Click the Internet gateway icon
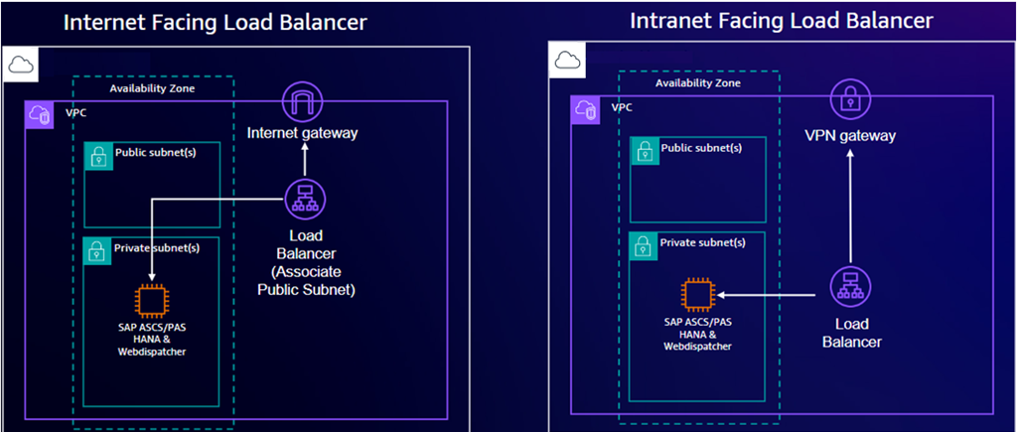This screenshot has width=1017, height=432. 304,103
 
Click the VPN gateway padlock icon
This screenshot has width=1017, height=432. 850,99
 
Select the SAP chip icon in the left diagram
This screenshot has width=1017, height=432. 151,300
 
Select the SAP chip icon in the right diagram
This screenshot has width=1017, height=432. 697,295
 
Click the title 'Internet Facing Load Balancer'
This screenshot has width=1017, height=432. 216,22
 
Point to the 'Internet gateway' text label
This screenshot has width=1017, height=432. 302,133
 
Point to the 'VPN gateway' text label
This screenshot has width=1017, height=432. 850,136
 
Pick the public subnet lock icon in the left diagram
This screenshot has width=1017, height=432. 98,156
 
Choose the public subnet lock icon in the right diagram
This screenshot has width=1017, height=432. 645,151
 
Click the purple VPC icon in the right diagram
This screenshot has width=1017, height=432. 585,111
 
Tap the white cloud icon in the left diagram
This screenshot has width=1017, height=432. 19,66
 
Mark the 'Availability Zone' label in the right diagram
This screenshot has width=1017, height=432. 698,83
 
